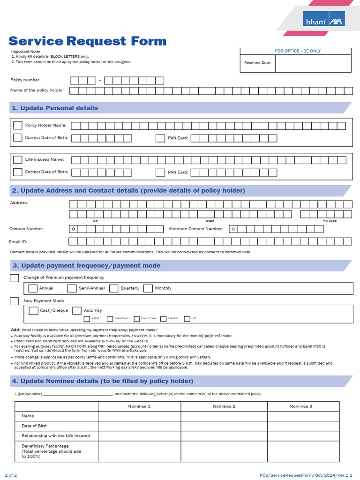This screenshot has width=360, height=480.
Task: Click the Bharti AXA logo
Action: click(x=323, y=18)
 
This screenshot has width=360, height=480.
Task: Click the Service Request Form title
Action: click(x=87, y=41)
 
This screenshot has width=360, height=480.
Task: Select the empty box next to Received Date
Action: click(x=313, y=63)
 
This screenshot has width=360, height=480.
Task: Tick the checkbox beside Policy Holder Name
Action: click(x=18, y=125)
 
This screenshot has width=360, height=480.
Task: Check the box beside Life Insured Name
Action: click(x=18, y=160)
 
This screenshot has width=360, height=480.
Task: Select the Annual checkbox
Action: click(x=33, y=288)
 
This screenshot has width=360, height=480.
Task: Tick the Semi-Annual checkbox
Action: click(x=72, y=288)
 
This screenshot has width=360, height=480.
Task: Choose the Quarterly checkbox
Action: click(x=113, y=288)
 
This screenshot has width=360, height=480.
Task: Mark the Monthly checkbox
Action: click(x=148, y=288)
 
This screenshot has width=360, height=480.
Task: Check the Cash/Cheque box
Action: click(x=33, y=310)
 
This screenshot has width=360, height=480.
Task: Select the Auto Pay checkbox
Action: click(x=77, y=310)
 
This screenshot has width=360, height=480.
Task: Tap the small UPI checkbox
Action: click(x=187, y=319)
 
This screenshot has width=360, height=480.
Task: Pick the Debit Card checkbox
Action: click(x=110, y=319)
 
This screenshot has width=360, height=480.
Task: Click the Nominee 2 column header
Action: click(x=224, y=406)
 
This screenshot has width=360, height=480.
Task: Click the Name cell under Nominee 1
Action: click(x=139, y=416)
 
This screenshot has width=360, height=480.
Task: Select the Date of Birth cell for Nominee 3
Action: click(x=303, y=426)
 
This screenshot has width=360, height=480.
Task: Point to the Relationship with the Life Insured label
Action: click(x=55, y=436)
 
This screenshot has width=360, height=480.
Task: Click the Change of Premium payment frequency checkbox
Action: click(x=15, y=278)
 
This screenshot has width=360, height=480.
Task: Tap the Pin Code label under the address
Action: click(x=330, y=221)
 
